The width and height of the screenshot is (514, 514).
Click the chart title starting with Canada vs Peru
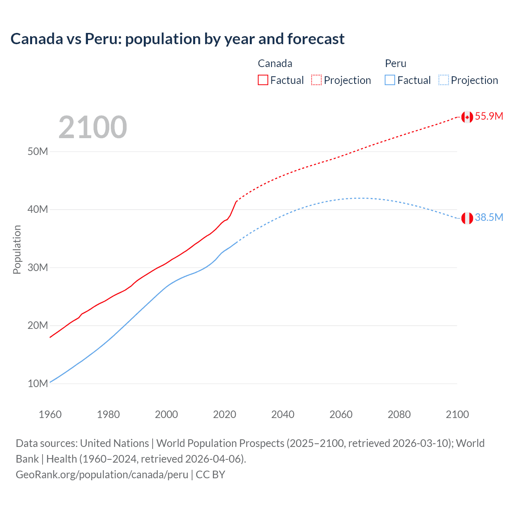177,39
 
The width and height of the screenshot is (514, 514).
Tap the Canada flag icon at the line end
467,117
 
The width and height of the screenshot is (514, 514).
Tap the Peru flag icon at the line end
467,218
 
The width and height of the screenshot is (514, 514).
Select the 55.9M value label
489,116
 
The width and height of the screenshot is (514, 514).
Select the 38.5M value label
489,218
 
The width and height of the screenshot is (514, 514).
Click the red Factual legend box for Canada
263,80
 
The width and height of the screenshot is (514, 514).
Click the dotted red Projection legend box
316,80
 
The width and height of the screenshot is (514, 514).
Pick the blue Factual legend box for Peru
390,80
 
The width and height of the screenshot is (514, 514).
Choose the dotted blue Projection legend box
444,80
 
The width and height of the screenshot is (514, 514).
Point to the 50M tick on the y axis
38,152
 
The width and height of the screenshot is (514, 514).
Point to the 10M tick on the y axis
38,383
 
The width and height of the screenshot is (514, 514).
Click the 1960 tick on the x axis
50,414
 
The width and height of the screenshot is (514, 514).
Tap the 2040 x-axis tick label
283,414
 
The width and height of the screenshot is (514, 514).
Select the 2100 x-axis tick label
457,414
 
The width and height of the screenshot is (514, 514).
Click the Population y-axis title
17,249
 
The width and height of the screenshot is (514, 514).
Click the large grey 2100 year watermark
93,127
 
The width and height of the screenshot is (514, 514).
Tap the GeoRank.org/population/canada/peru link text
102,475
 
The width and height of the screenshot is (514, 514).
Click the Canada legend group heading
275,63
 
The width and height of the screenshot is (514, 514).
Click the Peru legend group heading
396,63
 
